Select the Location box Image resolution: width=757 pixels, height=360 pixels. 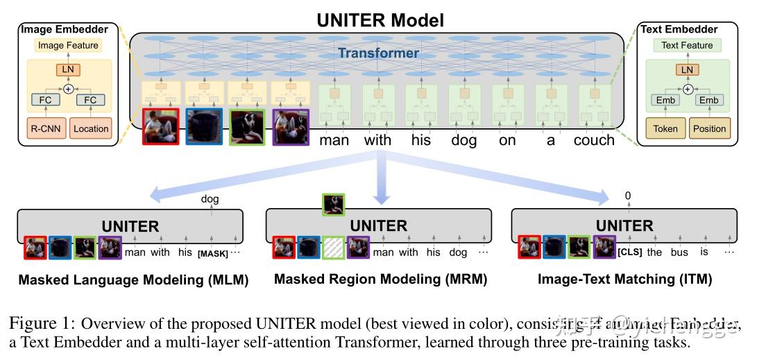pos(91,128)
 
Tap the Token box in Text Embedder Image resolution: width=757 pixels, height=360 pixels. pos(665,128)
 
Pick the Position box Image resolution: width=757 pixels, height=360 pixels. pos(709,128)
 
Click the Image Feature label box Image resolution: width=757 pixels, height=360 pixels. pos(68,46)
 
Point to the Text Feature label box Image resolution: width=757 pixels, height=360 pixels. pos(687,46)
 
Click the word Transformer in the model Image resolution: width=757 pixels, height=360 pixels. pos(378,53)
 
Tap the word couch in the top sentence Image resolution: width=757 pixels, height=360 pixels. pos(594,140)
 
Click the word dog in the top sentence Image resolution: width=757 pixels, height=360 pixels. pos(463,140)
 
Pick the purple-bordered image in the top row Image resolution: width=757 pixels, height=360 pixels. pos(291,126)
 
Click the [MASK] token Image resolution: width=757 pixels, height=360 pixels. pos(212,253)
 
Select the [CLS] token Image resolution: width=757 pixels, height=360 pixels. pos(629,252)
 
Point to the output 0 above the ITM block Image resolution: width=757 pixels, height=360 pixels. pos(627,196)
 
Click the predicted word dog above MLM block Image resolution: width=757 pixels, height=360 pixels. pos(210,199)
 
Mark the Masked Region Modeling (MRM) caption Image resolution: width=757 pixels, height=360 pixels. pos(380,280)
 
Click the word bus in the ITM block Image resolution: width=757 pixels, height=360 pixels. pos(679,252)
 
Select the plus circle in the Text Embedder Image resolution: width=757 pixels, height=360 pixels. pos(687,89)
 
